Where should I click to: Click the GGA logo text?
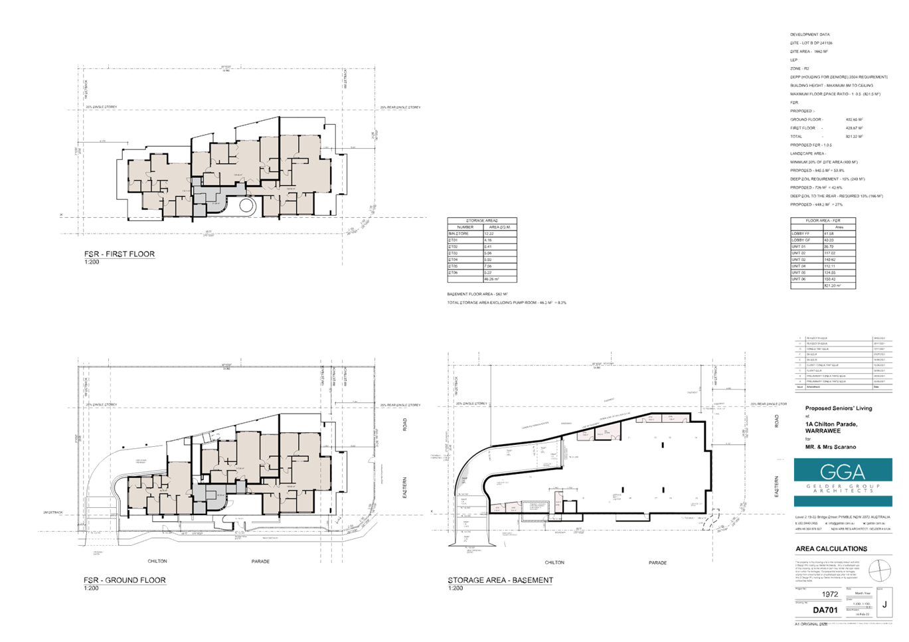tap(842, 471)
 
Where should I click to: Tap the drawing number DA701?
tap(825, 609)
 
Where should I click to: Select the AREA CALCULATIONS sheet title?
tap(831, 549)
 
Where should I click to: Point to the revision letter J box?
tap(884, 604)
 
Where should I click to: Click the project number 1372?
tap(829, 595)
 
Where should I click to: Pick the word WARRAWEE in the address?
tap(823, 431)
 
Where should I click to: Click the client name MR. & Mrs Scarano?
tap(831, 447)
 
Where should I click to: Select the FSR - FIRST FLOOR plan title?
tap(120, 254)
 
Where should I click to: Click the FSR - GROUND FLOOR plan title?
tap(125, 580)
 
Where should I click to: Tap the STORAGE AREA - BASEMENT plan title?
tap(500, 580)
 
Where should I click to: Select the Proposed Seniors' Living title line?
tap(838, 408)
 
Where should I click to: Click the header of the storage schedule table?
tap(482, 220)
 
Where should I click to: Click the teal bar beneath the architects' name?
tap(843, 501)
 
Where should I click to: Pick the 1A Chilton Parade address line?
tap(831, 424)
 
